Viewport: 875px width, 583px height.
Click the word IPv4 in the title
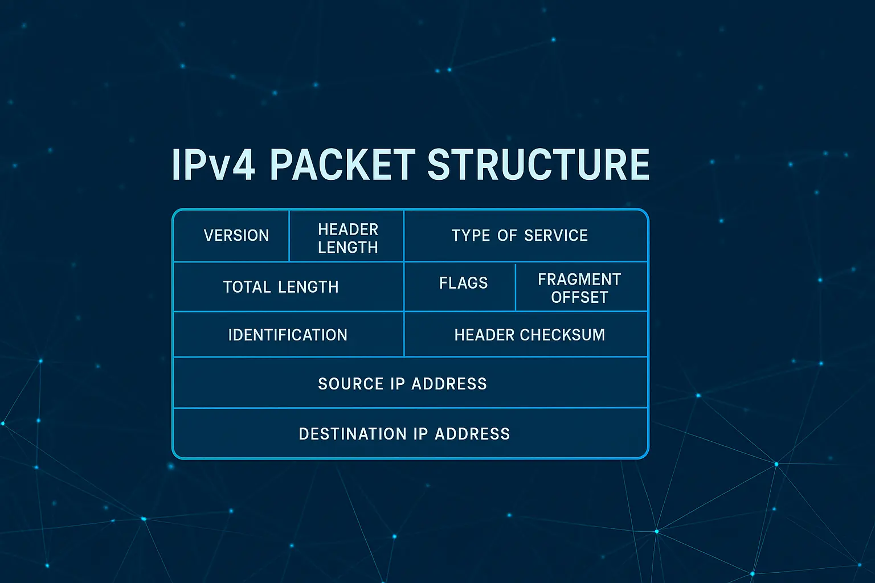click(x=213, y=165)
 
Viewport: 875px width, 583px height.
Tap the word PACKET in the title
click(x=342, y=165)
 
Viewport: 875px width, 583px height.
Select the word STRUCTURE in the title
click(x=538, y=165)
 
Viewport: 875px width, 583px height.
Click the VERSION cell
click(x=236, y=236)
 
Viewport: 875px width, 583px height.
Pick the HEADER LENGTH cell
click(x=347, y=238)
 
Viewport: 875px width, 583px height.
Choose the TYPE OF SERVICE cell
click(x=520, y=236)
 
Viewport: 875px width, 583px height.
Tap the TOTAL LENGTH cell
click(x=281, y=287)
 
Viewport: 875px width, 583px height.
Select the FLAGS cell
click(x=463, y=283)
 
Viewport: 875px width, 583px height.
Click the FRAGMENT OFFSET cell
click(x=579, y=288)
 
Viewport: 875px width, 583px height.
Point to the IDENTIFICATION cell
click(x=288, y=335)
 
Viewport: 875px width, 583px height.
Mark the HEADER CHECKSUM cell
click(x=530, y=335)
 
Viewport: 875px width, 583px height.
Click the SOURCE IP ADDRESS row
click(x=402, y=384)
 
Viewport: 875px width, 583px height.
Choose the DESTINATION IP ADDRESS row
click(x=404, y=434)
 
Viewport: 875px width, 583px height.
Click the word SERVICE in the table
click(x=556, y=236)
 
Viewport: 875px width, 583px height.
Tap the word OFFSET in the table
click(x=579, y=297)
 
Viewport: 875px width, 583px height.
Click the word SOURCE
click(x=351, y=384)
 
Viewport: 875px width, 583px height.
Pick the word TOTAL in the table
click(x=247, y=287)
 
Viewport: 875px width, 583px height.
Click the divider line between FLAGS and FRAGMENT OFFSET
click(x=516, y=287)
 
